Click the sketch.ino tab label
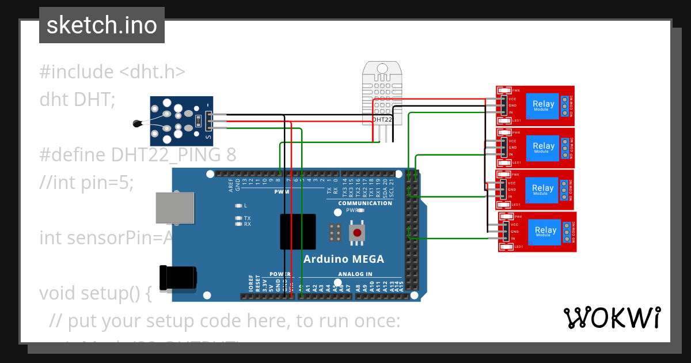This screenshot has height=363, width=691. tap(102, 25)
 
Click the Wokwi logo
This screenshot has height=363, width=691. tap(612, 317)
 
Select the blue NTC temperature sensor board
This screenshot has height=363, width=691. tap(181, 121)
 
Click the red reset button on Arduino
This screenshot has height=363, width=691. tap(358, 233)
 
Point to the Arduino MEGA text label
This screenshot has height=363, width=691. tap(343, 259)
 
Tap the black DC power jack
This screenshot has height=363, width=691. tap(178, 279)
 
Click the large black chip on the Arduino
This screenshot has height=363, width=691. tap(298, 231)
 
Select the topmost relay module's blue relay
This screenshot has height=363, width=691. tap(543, 105)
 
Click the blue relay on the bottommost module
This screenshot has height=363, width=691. tap(545, 231)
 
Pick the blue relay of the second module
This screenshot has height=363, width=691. tap(543, 147)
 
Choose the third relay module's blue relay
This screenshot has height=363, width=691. tap(542, 189)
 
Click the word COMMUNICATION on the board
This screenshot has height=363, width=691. tap(365, 203)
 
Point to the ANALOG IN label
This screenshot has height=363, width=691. tap(355, 274)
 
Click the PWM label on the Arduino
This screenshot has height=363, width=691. tap(282, 191)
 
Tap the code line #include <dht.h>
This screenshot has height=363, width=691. tap(112, 72)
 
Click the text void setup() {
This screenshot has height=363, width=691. tap(96, 293)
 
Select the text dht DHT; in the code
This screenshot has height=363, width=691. tap(77, 100)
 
